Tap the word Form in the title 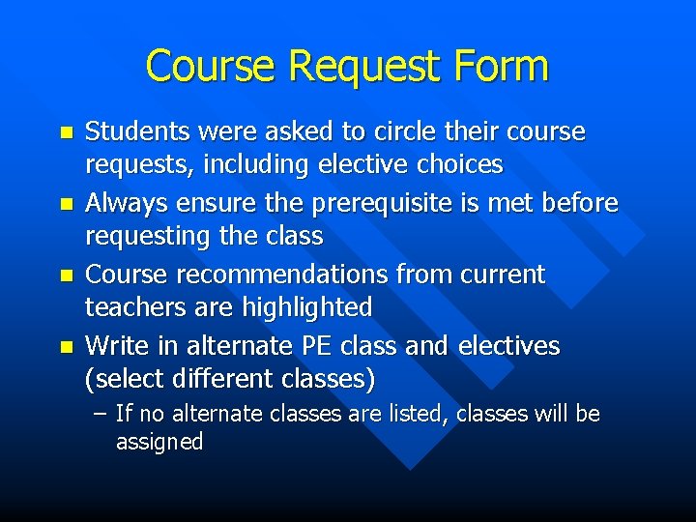click(x=501, y=66)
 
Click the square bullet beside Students click(x=65, y=132)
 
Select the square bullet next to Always click(x=65, y=204)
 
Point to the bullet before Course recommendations click(x=65, y=275)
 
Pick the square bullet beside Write click(x=65, y=346)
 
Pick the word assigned click(x=159, y=443)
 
